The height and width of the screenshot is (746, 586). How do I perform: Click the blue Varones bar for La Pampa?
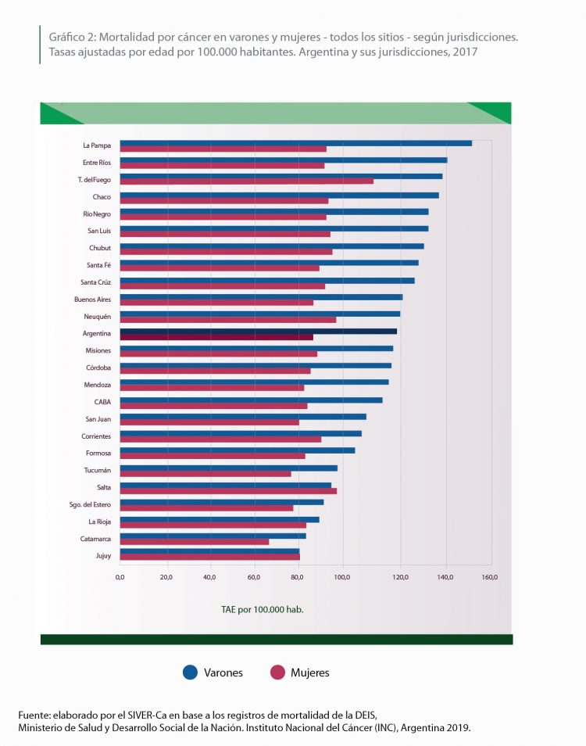[x=295, y=143]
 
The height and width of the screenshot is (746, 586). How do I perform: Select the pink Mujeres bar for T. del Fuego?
[x=246, y=181]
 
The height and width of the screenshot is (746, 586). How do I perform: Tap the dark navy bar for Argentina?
[x=258, y=332]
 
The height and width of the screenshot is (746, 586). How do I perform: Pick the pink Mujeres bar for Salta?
[x=228, y=491]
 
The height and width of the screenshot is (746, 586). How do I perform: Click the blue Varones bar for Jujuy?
[x=209, y=551]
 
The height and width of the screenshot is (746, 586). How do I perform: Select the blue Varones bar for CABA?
[x=251, y=400]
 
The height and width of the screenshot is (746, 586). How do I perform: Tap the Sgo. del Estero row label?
[x=91, y=504]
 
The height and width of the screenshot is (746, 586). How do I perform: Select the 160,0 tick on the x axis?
[x=490, y=577]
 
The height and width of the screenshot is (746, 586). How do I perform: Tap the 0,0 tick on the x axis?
[x=120, y=577]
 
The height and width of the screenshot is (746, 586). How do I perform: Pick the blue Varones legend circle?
[x=189, y=672]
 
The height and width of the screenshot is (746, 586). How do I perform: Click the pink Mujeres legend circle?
[x=276, y=672]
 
